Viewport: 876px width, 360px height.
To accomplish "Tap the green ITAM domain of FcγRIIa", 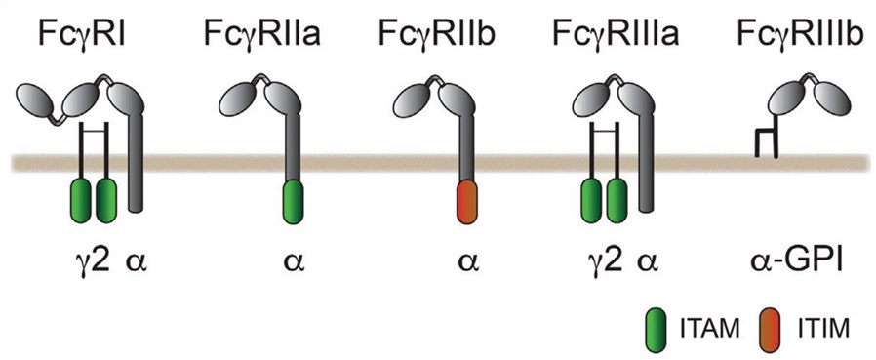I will click(x=291, y=200).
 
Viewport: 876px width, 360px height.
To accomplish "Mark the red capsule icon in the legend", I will click(x=775, y=330).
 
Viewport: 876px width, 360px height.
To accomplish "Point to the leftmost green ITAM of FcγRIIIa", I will click(x=591, y=200).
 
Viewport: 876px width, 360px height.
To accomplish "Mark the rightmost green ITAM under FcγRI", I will click(x=106, y=200).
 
